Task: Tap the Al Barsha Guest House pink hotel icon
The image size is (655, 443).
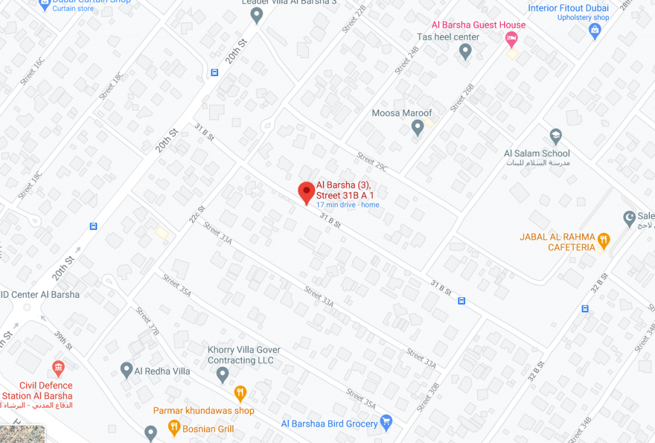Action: pos(512,40)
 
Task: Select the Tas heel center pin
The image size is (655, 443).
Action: pos(466,51)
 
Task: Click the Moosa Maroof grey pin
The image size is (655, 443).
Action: pos(418,128)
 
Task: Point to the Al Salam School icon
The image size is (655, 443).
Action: pos(555,136)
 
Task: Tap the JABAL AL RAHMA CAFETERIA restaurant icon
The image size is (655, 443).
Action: pos(603,242)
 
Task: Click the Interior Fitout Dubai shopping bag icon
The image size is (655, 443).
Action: pos(595,30)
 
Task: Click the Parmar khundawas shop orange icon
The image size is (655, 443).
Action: pos(241,392)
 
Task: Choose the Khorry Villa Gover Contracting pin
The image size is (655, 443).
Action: pos(223,375)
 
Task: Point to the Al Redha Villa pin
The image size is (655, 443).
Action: pos(127,369)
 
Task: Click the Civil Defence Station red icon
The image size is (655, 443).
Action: pos(58,368)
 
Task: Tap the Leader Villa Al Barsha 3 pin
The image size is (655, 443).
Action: pos(256,15)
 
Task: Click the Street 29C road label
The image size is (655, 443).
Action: pos(372,162)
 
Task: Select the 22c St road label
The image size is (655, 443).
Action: pos(196,214)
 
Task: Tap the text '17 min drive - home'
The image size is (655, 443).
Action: pos(347,205)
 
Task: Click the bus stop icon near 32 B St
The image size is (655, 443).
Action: pos(585,308)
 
